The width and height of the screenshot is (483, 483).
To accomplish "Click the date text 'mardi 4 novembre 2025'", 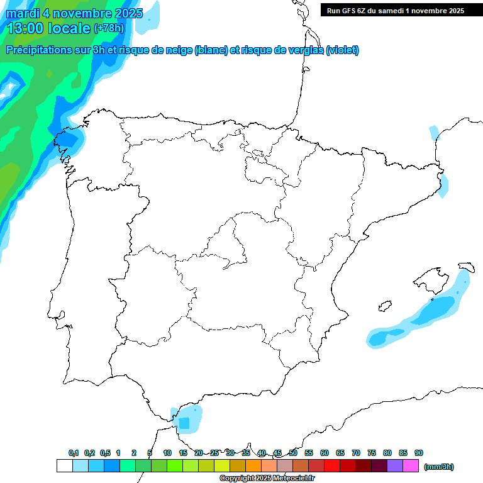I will click(x=74, y=13).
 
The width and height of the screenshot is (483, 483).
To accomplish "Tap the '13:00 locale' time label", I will click(x=48, y=28).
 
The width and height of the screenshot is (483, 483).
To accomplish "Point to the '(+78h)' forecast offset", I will click(x=109, y=28).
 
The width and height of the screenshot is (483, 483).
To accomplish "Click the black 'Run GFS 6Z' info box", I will click(x=395, y=10).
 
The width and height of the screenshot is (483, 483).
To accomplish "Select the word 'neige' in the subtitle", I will click(x=177, y=50).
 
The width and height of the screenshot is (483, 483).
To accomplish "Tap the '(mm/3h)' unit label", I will click(x=439, y=467).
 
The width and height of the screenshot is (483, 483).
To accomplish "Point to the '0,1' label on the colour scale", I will click(x=74, y=453).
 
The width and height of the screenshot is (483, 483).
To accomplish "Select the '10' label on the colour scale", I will click(x=167, y=453).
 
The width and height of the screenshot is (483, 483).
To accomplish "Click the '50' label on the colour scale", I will click(x=293, y=453).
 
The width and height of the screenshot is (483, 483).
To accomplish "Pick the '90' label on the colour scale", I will click(x=419, y=453).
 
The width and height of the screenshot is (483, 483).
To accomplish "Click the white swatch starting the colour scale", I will click(x=64, y=466).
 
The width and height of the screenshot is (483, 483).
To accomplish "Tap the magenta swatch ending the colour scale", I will click(x=411, y=466).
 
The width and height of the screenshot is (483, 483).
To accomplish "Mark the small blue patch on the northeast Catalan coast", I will click(x=444, y=185).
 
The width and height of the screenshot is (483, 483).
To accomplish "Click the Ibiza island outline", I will click(x=384, y=307).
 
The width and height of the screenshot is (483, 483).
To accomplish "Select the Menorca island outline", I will click(x=466, y=267).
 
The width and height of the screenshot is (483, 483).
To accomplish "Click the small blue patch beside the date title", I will click(x=148, y=22).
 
